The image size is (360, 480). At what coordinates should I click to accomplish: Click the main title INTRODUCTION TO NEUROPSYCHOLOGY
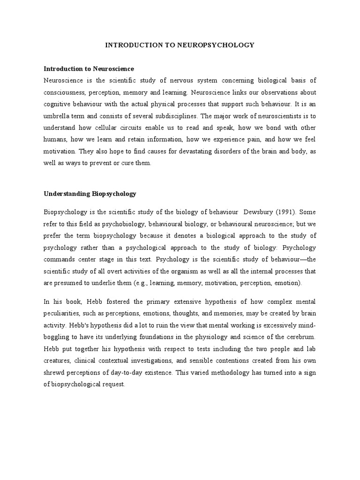pos(180,45)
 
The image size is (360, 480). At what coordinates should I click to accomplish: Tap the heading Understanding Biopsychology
pos(90,193)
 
